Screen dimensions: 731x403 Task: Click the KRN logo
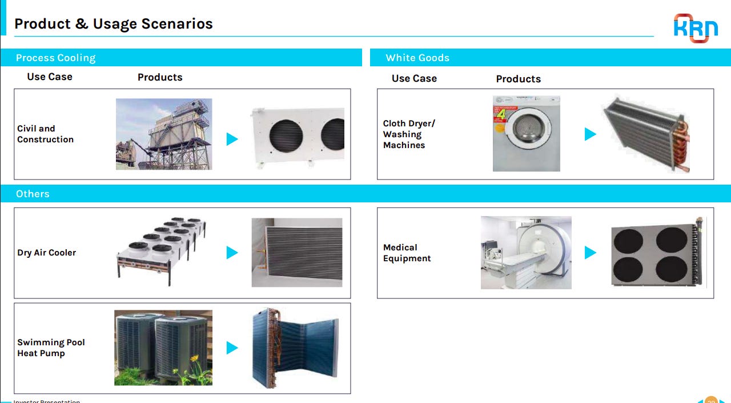click(x=696, y=27)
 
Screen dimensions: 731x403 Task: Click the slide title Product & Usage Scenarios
click(x=113, y=24)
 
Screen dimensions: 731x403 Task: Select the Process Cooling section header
click(x=55, y=58)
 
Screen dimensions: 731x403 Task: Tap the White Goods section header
click(x=417, y=58)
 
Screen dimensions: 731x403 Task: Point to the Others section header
click(x=33, y=194)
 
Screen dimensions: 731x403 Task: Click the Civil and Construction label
click(x=45, y=134)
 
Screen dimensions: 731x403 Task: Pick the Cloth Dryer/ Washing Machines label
click(x=409, y=134)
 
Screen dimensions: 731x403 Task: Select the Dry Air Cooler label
click(x=46, y=253)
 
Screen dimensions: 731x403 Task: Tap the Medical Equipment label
click(x=407, y=253)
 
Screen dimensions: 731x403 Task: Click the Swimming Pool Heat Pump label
click(x=51, y=348)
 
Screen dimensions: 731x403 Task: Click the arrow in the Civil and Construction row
click(x=232, y=139)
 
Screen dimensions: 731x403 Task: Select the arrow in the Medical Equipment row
click(x=591, y=253)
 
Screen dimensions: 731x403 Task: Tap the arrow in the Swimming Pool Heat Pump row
click(x=232, y=348)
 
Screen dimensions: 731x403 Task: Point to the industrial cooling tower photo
click(x=164, y=134)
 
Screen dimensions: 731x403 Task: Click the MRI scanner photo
click(x=526, y=252)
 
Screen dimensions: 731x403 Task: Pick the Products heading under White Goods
click(x=518, y=79)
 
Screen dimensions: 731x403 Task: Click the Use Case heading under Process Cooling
click(x=50, y=77)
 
